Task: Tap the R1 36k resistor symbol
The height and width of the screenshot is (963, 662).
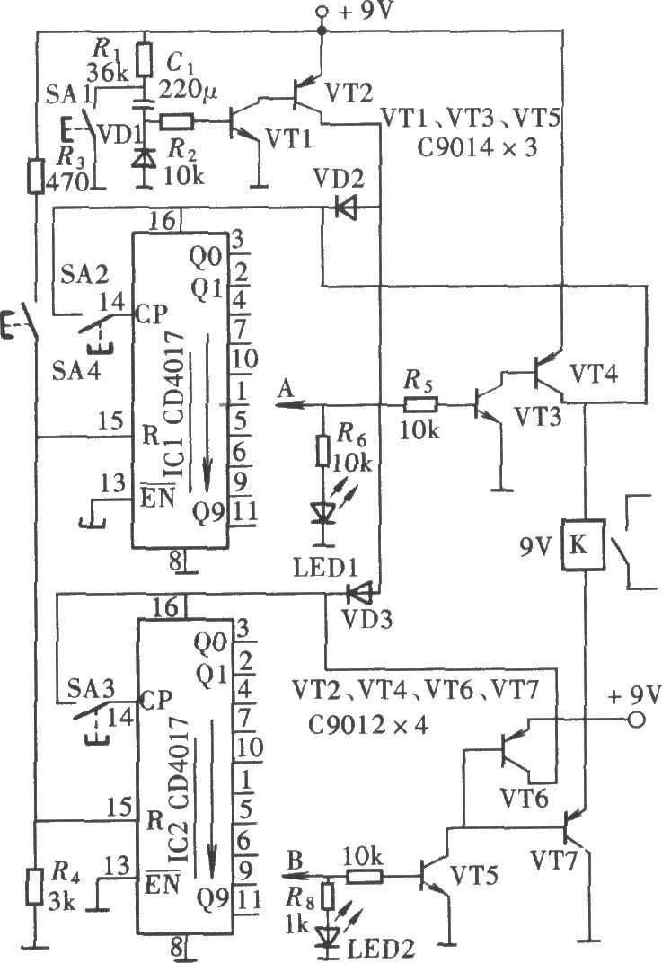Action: coord(145,59)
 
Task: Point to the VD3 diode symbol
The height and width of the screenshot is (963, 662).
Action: coord(358,593)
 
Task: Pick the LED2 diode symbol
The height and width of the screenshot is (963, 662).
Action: coord(328,936)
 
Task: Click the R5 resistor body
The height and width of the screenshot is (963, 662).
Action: coord(420,404)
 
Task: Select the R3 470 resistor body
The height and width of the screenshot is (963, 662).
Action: coord(36,176)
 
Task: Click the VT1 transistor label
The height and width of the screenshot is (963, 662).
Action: coord(289,140)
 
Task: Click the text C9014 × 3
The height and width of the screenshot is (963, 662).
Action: coord(477,147)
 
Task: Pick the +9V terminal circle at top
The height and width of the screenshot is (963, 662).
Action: coord(322,11)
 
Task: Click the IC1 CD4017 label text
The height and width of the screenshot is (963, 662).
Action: coord(176,404)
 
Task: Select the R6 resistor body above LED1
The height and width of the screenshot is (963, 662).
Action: coord(322,450)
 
